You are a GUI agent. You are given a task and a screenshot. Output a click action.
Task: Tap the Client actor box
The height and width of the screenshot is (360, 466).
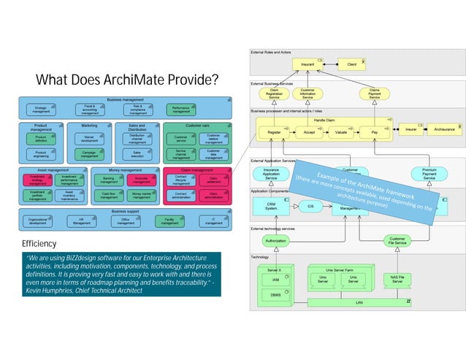pos(352,64)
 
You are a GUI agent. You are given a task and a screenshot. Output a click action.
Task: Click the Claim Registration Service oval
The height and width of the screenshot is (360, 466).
pos(274,94)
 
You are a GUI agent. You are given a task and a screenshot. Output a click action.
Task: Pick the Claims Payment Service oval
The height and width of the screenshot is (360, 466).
pos(374,94)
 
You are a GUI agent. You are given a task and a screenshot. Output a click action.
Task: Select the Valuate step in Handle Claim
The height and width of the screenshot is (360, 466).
pos(340,133)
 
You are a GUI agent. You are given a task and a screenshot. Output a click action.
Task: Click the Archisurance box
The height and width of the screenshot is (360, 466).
pos(444,130)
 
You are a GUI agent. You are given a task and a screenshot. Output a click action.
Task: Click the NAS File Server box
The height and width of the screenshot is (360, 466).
pos(397,279)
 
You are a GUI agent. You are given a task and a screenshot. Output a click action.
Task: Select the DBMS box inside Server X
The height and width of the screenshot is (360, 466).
pos(275,294)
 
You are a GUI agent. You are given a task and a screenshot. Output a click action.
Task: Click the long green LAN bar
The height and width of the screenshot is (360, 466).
pos(358,302)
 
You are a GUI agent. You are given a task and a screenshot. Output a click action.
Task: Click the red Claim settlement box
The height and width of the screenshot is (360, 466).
pos(213,179)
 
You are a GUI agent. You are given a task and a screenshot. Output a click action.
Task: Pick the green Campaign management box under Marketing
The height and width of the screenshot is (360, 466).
pos(90,154)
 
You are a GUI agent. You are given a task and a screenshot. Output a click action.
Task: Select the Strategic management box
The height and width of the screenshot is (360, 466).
pos(42,110)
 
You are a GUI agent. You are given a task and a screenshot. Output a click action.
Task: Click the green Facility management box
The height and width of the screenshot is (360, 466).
pos(169,221)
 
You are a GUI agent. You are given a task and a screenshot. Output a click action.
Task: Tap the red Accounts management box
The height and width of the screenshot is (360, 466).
pos(141,179)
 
